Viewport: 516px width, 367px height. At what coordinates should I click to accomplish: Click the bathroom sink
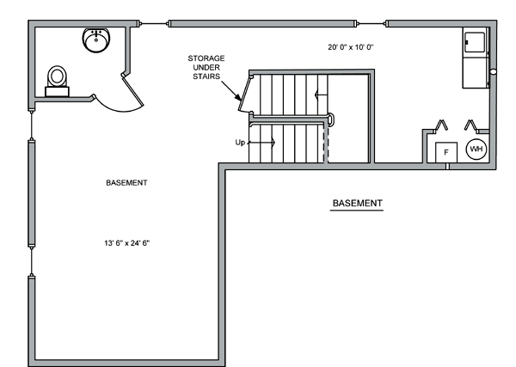click(x=96, y=40)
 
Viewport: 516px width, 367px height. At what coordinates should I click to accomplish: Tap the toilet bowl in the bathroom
click(x=58, y=76)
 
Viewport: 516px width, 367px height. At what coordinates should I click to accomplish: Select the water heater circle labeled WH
click(x=476, y=150)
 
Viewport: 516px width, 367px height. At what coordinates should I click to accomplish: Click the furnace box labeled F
click(x=446, y=152)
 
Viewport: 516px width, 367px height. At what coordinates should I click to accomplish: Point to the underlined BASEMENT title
click(x=358, y=203)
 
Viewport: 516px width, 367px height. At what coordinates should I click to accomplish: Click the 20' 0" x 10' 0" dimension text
click(x=351, y=47)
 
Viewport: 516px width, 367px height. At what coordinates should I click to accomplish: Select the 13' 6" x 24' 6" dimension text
click(x=127, y=243)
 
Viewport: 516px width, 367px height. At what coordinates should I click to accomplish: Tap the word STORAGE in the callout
click(x=206, y=58)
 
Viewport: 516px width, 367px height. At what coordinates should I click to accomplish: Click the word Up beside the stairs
click(x=240, y=143)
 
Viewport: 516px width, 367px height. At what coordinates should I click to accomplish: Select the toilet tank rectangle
click(x=57, y=92)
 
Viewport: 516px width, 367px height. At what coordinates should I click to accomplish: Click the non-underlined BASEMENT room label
click(x=126, y=183)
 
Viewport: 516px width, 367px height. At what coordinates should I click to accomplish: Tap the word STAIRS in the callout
click(x=206, y=76)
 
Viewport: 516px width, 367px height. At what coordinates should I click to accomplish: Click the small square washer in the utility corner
click(x=474, y=42)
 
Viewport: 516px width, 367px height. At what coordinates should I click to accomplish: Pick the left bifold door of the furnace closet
click(x=440, y=125)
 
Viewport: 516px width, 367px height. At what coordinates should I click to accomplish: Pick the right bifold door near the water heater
click(x=471, y=125)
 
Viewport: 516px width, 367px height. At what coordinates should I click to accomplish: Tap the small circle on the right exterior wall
click(x=493, y=71)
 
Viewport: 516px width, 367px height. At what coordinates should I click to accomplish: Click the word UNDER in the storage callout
click(x=206, y=68)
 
